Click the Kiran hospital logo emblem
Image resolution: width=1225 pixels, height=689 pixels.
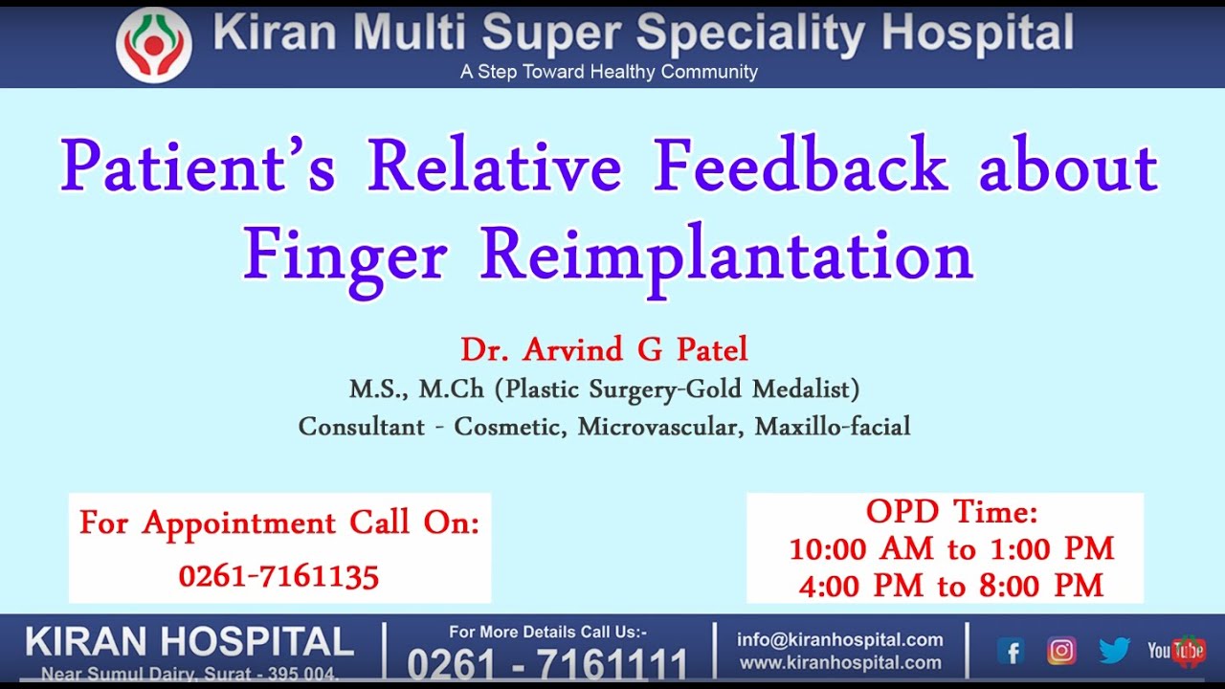pos(154,45)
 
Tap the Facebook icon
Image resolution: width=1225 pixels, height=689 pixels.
pos(1011,651)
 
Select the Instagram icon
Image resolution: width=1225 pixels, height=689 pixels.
pos(1061,651)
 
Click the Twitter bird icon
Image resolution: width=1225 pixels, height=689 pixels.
pos(1114,651)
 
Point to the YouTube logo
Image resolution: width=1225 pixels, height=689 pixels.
pos(1176,651)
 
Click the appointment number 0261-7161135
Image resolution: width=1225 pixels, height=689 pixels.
pos(278,576)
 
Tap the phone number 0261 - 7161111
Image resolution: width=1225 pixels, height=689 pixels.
pos(547,664)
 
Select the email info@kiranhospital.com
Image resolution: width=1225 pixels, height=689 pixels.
pos(840,639)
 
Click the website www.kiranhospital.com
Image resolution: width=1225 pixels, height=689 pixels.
pos(840,663)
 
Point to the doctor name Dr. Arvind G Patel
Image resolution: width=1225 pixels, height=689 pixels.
pos(604,349)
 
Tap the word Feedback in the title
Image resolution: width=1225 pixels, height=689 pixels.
pos(800,164)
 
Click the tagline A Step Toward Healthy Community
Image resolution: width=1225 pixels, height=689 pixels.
pos(609,72)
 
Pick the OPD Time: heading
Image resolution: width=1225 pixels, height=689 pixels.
pos(951,512)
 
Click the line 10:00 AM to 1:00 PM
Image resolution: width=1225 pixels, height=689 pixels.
pos(951,548)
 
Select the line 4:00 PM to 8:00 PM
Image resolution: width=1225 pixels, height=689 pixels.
pos(951,586)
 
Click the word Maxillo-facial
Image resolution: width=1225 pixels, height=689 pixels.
pos(833,427)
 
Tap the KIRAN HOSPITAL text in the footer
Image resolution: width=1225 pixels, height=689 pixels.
pos(189,641)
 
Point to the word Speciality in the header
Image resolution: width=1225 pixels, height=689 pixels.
pos(751,33)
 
